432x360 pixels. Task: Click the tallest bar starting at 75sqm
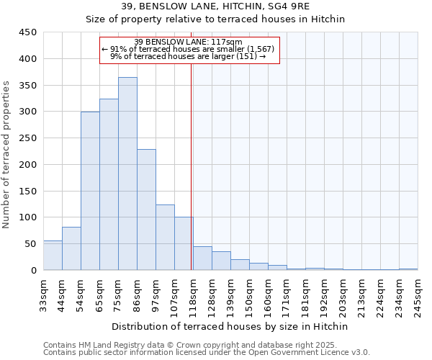[x=127, y=174]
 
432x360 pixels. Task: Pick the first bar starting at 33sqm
[x=53, y=256]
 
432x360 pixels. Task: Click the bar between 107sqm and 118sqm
[x=184, y=243]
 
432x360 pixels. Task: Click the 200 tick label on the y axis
[x=27, y=165]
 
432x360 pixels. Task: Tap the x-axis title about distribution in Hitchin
[x=230, y=326]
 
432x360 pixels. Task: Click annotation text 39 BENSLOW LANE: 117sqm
[x=189, y=42]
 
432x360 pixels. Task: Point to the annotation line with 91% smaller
[x=189, y=49]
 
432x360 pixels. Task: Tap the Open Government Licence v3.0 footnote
[x=207, y=353]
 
